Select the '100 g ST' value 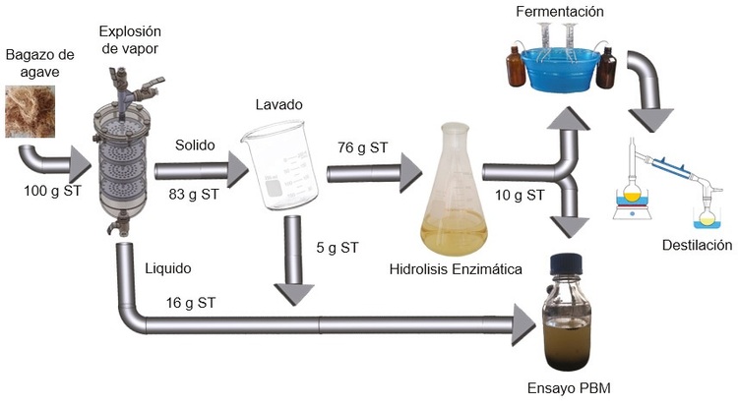51,190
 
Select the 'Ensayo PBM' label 568,388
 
